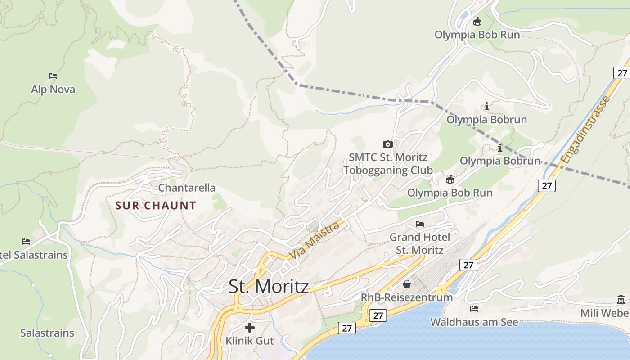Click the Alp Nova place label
pos(53,89)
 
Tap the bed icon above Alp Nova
pos(53,76)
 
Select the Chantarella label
pos(187,188)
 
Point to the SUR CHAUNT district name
pos(156,206)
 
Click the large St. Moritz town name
pos(269,287)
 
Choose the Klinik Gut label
pos(249,341)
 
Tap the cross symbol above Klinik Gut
pos(249,327)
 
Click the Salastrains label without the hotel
pos(47,333)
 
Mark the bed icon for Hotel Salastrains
pos(26,242)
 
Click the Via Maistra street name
pos(314,240)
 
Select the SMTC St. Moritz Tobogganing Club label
pos(388,164)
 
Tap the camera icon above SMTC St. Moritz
pos(387,144)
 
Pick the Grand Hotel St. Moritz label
pos(419,243)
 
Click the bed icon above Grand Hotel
pos(420,224)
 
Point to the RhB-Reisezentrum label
pos(406,297)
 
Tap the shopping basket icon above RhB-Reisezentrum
pos(407,284)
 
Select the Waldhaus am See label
pos(474,322)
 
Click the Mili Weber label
pos(605,313)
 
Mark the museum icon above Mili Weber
pos(621,300)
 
